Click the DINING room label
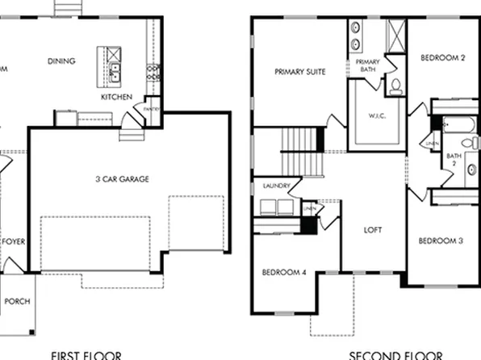pos(61,61)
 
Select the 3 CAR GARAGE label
pos(123,179)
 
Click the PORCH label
pos(17,302)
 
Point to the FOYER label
pos(13,241)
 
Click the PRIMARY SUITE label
pos(299,72)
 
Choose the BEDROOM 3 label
pos(440,241)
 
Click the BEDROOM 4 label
pos(284,272)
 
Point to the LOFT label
pos(372,230)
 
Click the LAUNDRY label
pos(276,186)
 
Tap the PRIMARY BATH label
pos(367,65)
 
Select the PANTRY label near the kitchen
pos(151,108)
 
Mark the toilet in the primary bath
pos(395,86)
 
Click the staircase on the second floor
pos(300,151)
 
